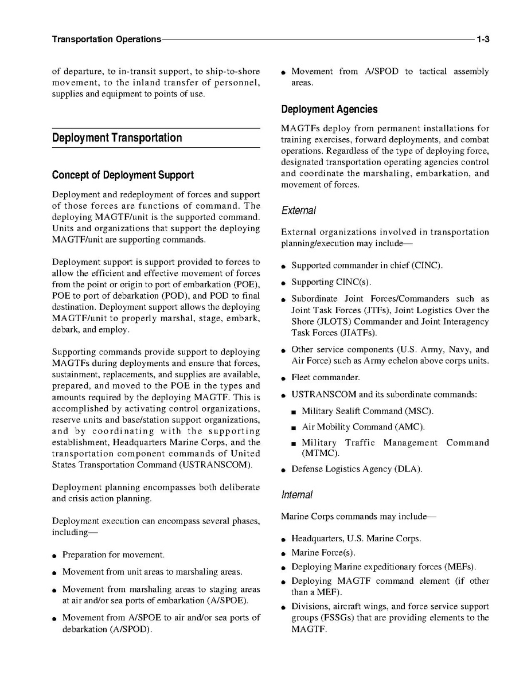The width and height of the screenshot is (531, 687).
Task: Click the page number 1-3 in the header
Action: [x=482, y=40]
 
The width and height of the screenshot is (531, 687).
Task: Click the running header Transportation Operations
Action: [x=106, y=40]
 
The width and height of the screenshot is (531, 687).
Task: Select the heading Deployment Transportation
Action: [x=117, y=138]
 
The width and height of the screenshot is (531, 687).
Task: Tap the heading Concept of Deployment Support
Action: [x=123, y=175]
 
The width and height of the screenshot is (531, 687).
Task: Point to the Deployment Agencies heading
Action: [x=329, y=110]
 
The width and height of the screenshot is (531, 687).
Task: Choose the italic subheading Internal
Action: [x=297, y=494]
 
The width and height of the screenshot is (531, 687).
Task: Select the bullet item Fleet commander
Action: [x=326, y=377]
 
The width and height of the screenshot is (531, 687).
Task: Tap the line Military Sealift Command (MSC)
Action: [x=368, y=411]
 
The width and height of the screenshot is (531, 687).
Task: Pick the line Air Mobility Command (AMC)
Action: [x=363, y=427]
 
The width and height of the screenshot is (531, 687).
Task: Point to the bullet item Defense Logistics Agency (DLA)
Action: [x=357, y=469]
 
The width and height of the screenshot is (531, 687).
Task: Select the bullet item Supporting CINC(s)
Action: [x=331, y=282]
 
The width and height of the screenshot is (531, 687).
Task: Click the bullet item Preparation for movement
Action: [x=114, y=555]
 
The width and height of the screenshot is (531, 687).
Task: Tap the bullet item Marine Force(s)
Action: [x=323, y=553]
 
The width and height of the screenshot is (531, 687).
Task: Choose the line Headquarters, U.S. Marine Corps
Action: [x=356, y=538]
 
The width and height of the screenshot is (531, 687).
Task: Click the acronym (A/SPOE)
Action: [x=225, y=600]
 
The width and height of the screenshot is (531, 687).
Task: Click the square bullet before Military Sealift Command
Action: [x=293, y=412]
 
